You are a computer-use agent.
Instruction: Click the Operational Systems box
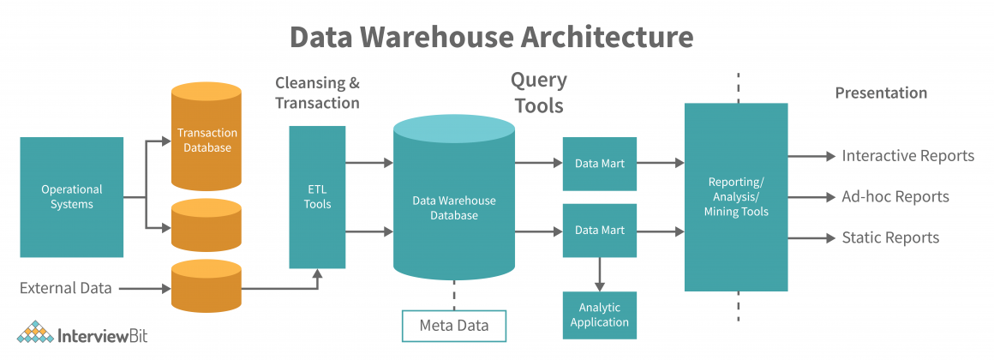pos(71,197)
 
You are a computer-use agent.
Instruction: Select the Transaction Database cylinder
pos(207,139)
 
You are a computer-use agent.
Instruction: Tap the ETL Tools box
pos(317,197)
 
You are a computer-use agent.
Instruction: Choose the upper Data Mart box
pos(599,163)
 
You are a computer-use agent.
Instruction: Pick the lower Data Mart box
pos(599,231)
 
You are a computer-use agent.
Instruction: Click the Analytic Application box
pos(599,315)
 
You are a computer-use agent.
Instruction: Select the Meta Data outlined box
pos(453,326)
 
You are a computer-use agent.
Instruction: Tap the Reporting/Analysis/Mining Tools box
pos(735,197)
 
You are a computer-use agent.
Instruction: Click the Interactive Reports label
pos(907,156)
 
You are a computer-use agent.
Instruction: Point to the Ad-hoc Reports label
pos(895,196)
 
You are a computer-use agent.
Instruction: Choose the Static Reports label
pos(889,237)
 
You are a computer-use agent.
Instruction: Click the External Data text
pos(66,288)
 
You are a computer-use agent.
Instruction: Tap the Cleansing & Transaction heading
pos(317,93)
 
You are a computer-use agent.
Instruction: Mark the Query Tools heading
pos(538,93)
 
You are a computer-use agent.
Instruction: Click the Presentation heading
pos(881,93)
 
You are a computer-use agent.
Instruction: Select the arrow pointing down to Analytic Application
pos(599,273)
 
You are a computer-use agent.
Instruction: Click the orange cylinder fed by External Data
pos(207,286)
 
